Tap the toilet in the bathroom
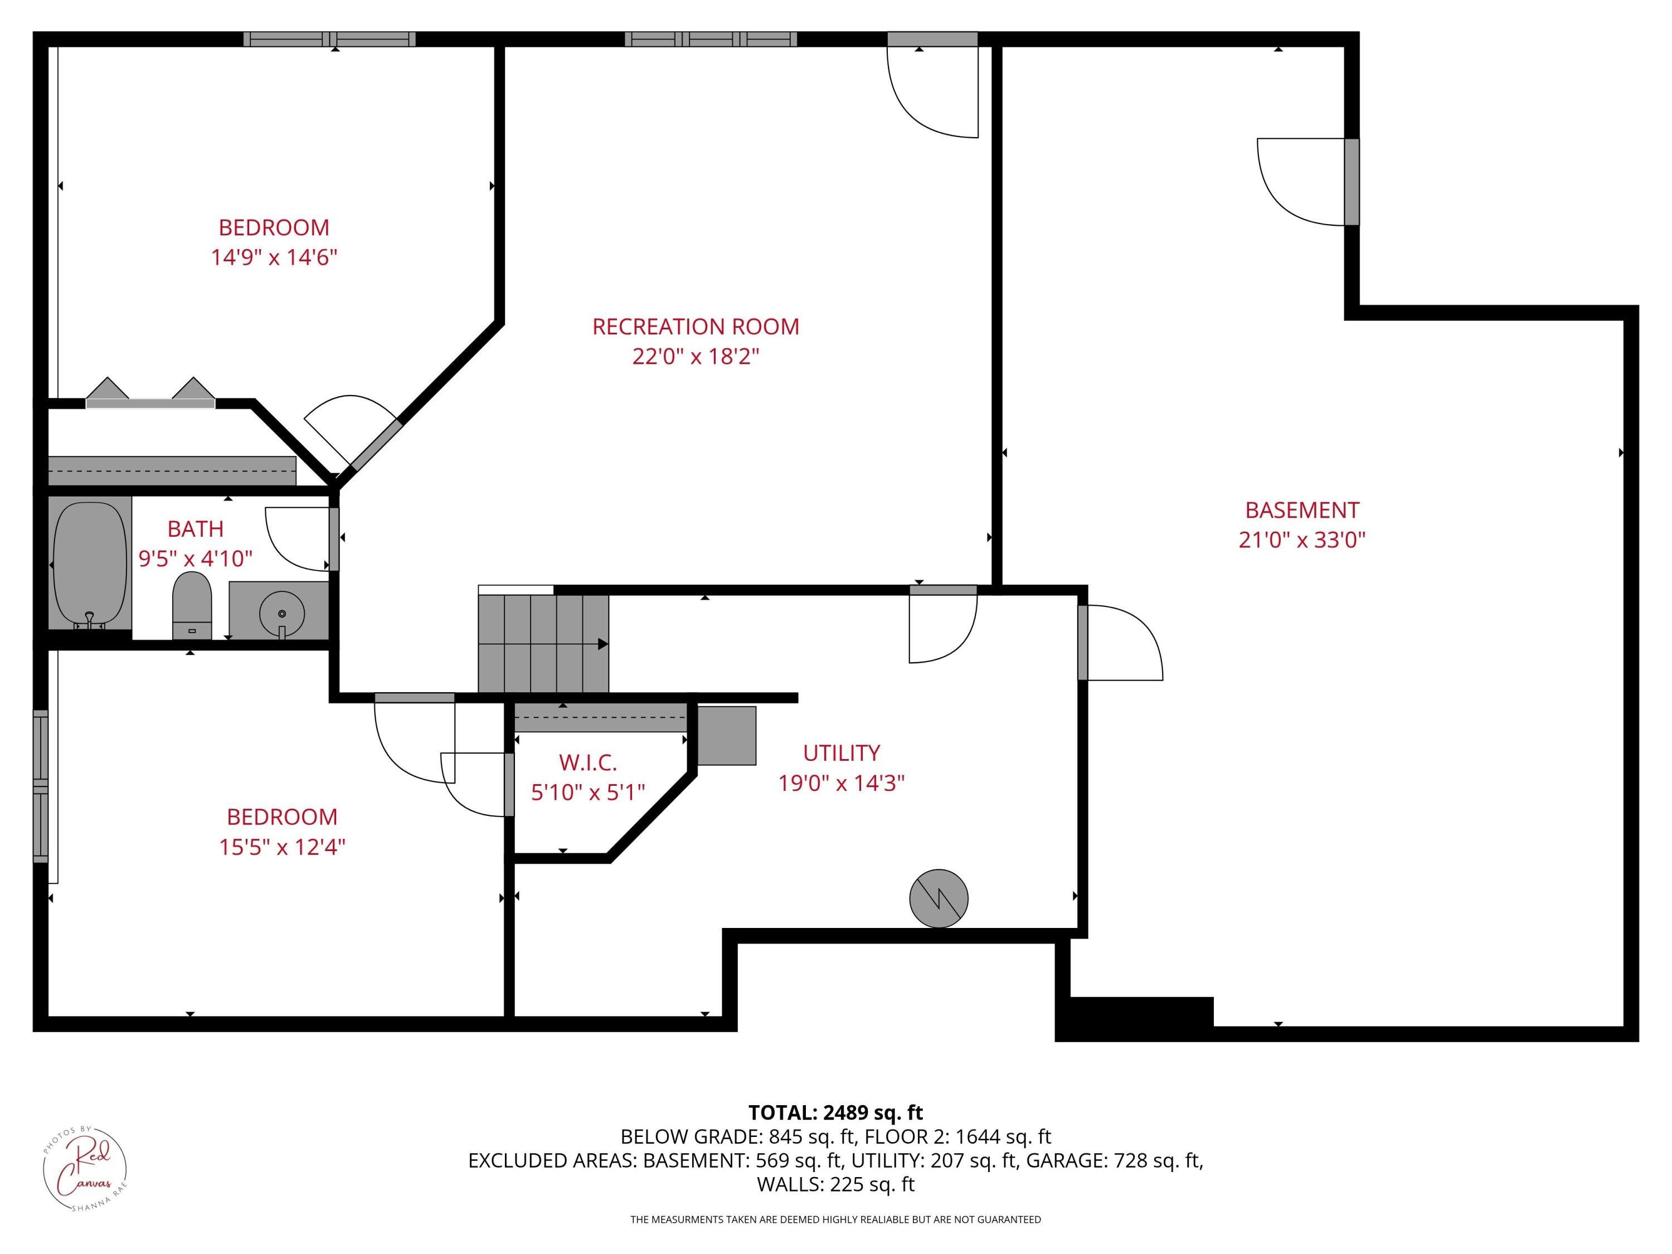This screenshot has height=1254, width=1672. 192,605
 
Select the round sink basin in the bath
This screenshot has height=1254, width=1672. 281,613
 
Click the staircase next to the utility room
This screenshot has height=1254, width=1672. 543,643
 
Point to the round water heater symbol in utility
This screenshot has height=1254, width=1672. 938,897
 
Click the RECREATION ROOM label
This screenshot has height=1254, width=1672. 696,327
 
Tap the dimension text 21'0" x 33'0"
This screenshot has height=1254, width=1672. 1301,539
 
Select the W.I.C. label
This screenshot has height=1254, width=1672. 587,762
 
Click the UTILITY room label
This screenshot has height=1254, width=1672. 841,753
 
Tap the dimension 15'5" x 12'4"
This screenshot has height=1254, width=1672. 282,847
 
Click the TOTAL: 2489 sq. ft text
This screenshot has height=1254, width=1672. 835,1112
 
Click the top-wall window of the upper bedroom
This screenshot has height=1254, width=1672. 329,40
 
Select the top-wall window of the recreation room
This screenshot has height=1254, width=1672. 711,40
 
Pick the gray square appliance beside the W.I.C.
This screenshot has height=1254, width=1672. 726,736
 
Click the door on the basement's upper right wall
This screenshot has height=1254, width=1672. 1352,181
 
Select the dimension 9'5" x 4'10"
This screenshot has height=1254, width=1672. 195,558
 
